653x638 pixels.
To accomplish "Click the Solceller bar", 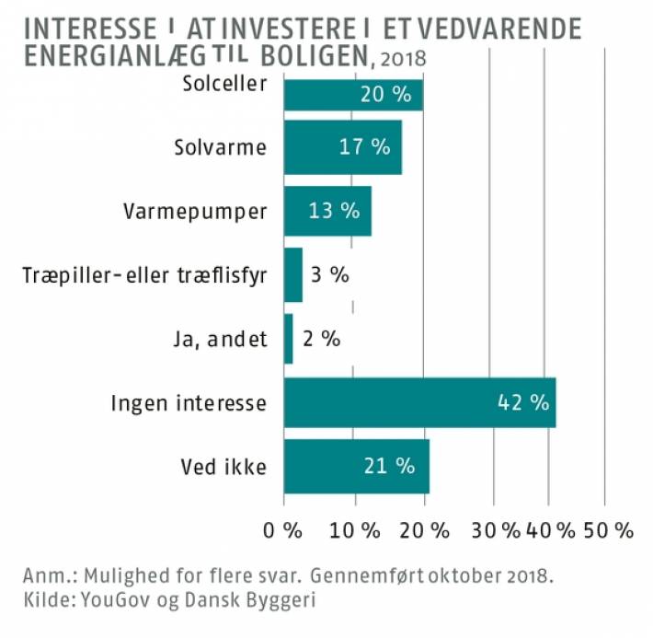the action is [x=353, y=95].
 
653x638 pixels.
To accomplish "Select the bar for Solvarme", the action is [x=343, y=147].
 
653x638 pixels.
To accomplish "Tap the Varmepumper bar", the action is [x=327, y=211].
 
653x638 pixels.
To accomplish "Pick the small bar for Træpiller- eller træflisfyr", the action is [x=293, y=274].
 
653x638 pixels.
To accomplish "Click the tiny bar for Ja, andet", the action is [x=288, y=339].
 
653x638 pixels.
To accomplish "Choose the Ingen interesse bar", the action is [x=419, y=403].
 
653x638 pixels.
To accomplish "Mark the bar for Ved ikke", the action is [x=357, y=466].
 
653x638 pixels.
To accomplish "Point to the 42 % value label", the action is [x=523, y=403].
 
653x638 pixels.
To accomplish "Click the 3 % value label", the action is [x=330, y=274].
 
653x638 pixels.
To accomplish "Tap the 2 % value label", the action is [x=322, y=339].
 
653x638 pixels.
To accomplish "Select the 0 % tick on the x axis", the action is [x=282, y=531].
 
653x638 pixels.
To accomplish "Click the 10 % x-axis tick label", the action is [x=355, y=531].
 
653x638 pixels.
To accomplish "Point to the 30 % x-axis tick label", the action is [x=496, y=531].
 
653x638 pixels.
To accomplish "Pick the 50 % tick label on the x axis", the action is [x=609, y=531].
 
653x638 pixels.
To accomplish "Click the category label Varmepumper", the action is [x=195, y=212].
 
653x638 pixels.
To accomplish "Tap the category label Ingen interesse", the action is [x=189, y=403].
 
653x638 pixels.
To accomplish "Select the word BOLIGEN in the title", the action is [x=315, y=56].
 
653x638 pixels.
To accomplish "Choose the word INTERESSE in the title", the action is [x=90, y=29].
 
